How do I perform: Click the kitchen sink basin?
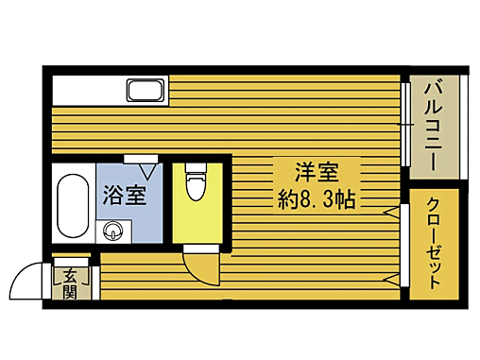145,92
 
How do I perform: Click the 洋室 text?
317,173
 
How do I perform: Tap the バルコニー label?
434,124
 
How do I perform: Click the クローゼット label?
434,244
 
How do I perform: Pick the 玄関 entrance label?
71,284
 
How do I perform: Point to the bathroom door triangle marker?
148,171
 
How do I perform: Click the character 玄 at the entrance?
71,277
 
